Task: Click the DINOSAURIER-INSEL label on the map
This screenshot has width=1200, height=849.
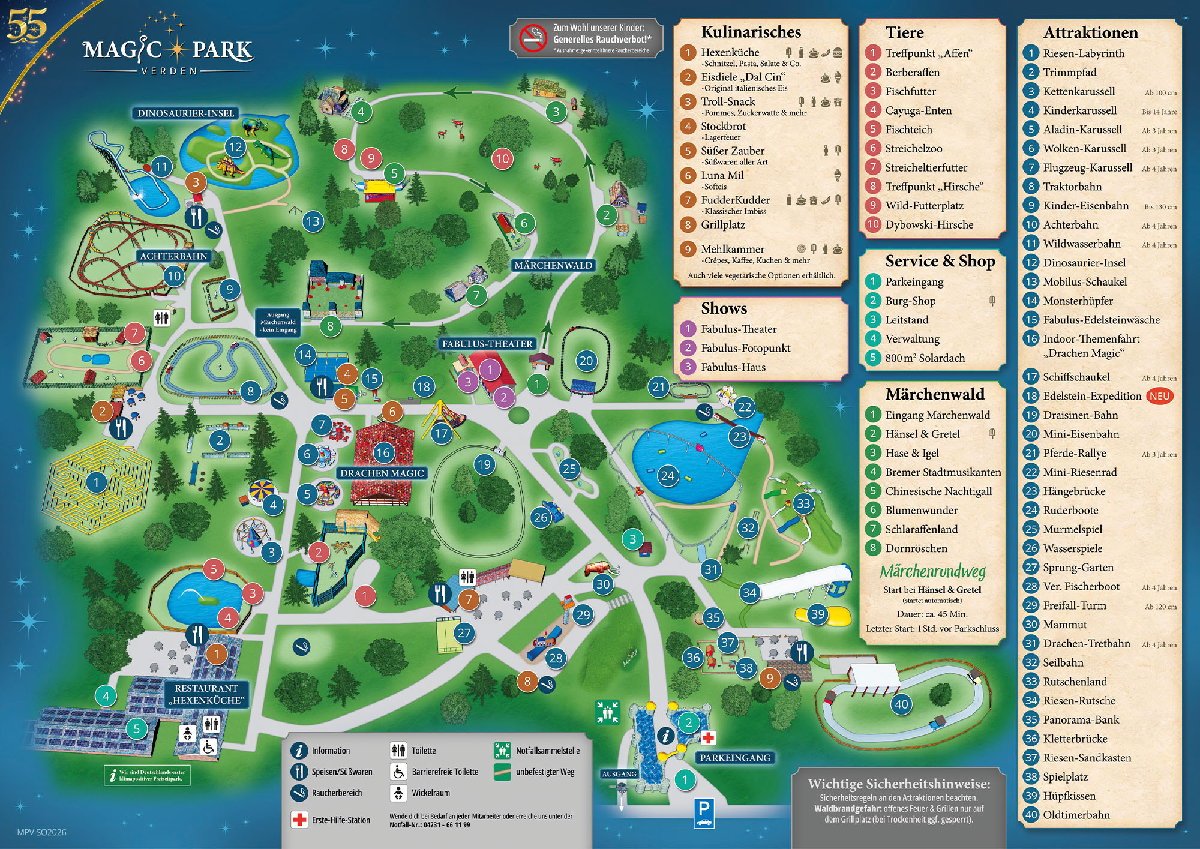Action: pos(185,113)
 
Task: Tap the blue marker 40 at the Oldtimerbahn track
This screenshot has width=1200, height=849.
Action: pos(901,704)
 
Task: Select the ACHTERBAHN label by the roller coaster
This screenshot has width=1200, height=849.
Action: pos(173,256)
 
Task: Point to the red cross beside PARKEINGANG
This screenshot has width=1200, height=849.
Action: pos(708,737)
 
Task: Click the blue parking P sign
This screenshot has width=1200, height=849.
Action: pos(704,813)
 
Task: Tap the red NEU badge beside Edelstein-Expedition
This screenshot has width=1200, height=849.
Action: pos(1159,396)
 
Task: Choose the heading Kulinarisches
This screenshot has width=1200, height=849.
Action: pos(751,32)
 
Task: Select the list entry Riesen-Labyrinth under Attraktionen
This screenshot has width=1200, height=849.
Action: pos(1083,53)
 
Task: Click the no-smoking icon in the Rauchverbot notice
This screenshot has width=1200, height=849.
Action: pos(532,38)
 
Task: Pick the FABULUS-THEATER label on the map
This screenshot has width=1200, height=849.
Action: pos(487,344)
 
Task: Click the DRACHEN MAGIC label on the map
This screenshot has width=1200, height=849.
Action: pos(382,473)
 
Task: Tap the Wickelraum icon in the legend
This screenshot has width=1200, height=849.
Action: pos(398,793)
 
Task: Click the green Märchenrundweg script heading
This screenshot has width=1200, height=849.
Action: pos(932,571)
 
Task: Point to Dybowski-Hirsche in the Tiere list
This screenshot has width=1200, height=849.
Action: pos(929,225)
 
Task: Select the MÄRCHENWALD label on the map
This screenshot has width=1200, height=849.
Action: pos(553,265)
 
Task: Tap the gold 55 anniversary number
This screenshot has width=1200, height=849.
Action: pos(27,25)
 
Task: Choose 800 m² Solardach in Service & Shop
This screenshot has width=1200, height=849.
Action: pos(925,358)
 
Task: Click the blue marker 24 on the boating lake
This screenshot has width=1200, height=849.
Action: pos(667,476)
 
